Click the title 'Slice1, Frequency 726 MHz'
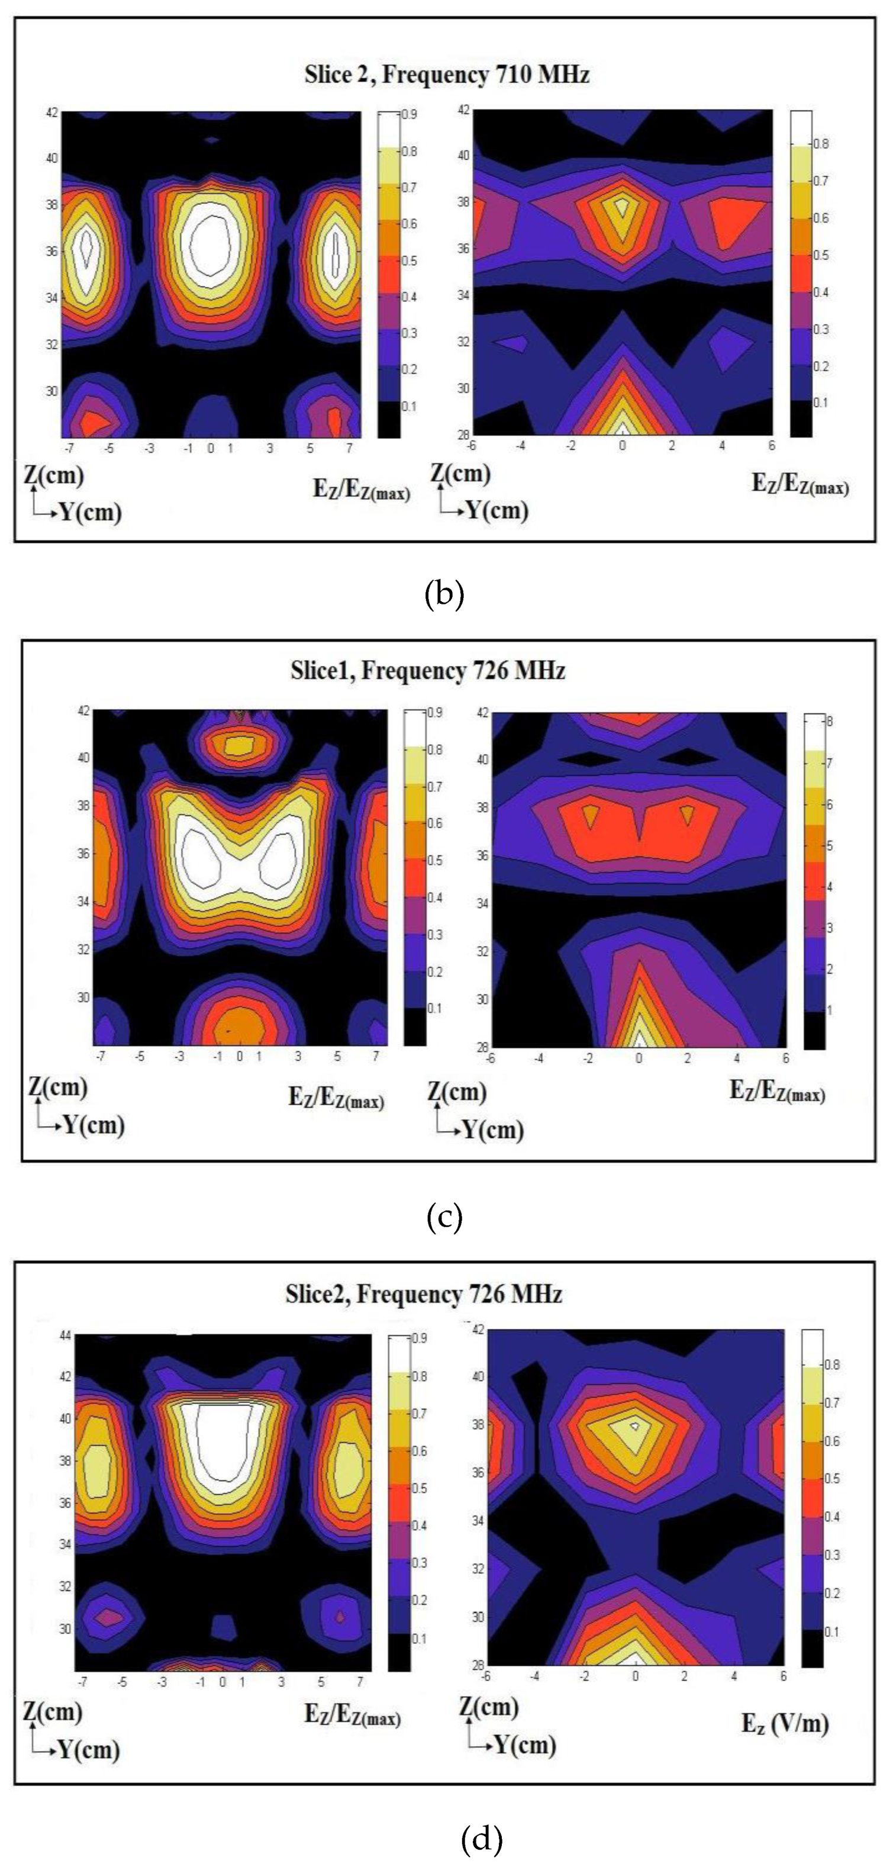(427, 670)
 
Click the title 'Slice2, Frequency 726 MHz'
(424, 1293)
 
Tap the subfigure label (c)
(444, 1217)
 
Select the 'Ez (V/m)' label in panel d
(785, 1723)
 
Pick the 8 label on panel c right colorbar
(829, 721)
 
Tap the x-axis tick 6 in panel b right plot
(771, 445)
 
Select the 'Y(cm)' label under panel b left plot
(90, 512)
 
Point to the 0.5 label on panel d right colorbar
(831, 1478)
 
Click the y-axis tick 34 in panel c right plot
(482, 904)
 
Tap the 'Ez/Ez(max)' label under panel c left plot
(336, 1097)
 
